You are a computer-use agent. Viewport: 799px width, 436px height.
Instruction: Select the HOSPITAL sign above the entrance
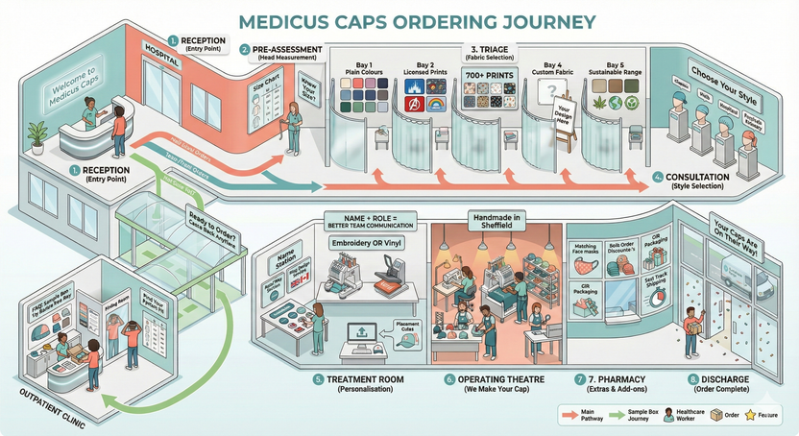tap(161, 46)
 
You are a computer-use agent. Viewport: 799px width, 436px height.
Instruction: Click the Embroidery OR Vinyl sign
tap(369, 243)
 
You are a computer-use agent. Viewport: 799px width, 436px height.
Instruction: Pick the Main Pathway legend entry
tap(580, 417)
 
